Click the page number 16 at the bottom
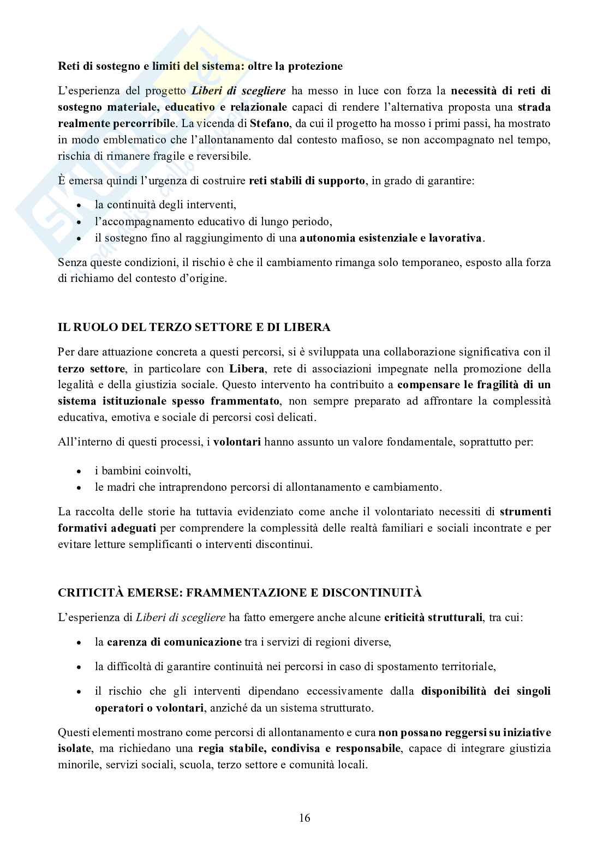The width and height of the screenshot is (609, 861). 304,818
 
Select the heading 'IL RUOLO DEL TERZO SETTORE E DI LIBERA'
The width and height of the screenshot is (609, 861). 194,328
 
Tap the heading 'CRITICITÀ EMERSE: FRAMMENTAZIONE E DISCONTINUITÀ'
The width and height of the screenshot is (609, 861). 240,593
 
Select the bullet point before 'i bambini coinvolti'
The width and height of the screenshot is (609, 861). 80,471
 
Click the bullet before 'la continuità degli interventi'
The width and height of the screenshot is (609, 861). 80,206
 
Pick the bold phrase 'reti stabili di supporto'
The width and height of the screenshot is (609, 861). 307,180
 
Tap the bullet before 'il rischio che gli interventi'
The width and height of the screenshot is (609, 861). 80,691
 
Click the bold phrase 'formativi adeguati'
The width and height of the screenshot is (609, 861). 107,528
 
